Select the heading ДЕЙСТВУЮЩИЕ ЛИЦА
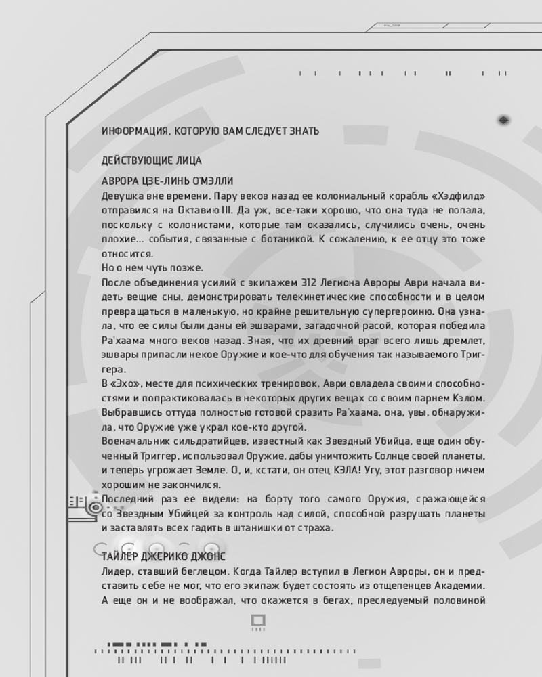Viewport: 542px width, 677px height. point(151,162)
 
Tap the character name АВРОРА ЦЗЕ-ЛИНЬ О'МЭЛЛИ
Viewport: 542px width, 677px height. point(167,181)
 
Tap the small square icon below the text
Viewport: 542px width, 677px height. point(258,619)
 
